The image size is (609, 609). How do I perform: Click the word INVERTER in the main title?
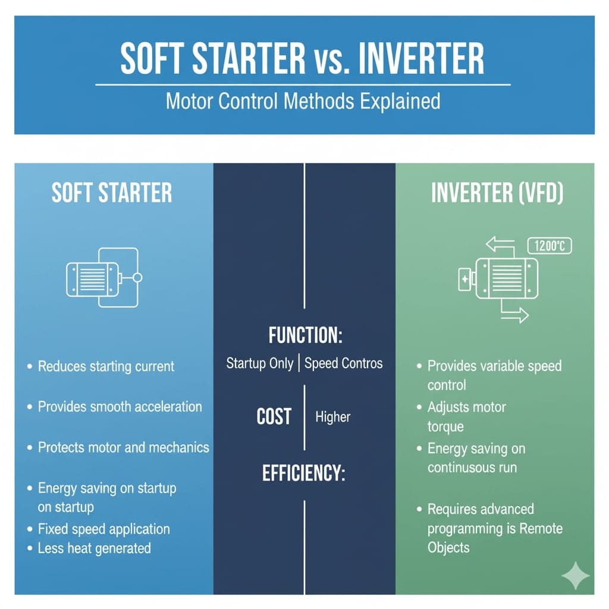click(421, 58)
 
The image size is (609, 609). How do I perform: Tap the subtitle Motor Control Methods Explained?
click(303, 101)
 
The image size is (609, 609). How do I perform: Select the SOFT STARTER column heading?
click(112, 193)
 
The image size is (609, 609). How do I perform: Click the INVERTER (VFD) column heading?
click(497, 193)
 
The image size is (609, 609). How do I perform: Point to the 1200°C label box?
click(550, 246)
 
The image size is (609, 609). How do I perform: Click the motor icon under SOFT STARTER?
click(104, 277)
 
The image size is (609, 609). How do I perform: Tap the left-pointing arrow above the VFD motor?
click(500, 244)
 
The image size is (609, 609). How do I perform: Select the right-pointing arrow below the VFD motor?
click(514, 315)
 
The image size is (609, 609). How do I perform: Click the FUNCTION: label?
click(305, 335)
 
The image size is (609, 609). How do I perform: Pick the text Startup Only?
click(259, 363)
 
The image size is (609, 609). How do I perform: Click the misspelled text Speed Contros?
click(343, 363)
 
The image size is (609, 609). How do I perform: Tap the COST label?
click(274, 417)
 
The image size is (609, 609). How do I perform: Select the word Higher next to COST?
click(333, 417)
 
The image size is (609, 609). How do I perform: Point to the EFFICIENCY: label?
click(304, 473)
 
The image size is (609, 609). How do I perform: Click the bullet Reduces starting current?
click(106, 366)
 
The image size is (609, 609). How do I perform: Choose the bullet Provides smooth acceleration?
click(120, 407)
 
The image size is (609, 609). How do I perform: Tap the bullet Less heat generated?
click(95, 548)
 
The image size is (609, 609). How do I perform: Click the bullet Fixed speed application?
click(103, 529)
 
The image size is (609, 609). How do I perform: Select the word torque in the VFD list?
click(445, 427)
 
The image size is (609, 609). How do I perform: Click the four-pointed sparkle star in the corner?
click(576, 576)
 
